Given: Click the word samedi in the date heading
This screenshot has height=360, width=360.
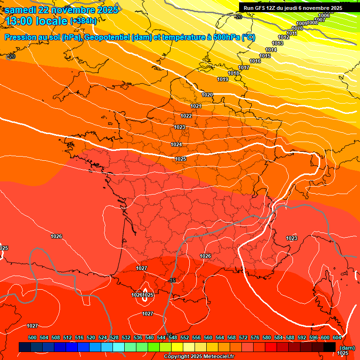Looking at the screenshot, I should coord(22,10).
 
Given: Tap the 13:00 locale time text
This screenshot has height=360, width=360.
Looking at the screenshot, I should coord(35,21).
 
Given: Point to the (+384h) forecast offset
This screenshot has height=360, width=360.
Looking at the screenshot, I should coord(83,21).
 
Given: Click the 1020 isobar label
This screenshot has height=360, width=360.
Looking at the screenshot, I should coord(207,95).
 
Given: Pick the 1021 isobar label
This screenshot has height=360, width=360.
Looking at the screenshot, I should coord(196,106).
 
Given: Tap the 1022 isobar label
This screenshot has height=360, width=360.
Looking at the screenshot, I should coord(186,116).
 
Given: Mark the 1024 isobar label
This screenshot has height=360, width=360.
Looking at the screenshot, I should coord(176,145).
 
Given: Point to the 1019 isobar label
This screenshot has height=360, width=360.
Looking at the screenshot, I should coord(223,80).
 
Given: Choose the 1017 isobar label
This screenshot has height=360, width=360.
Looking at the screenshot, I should coord(244,68).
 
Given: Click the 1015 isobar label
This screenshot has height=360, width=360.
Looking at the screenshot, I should coord(265,56).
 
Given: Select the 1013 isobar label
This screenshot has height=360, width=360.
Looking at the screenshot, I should coord(277,44).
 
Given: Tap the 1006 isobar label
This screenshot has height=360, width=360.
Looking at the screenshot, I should coord(324,16).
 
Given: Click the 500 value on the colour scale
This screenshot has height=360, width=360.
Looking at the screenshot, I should coord(32,338).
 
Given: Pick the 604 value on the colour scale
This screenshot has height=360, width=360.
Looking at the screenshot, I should coord(337,338).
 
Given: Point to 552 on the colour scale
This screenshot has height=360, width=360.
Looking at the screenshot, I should coord(185,338).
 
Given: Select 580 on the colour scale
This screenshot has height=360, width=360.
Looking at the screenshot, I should coord(267,338).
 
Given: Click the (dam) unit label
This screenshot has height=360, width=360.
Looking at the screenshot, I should coord(347,348).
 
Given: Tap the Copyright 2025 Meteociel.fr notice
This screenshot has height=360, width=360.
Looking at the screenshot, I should coord(199,357).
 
